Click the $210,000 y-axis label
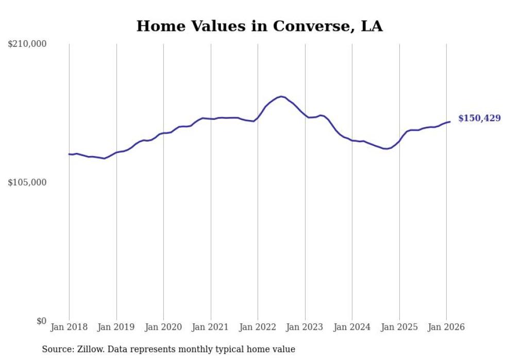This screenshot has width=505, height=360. coord(27,44)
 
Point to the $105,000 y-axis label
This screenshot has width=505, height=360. coord(27,182)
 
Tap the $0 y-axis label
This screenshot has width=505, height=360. coord(41,321)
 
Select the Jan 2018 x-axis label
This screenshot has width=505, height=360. coord(69,327)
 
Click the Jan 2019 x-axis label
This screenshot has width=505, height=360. coord(116,327)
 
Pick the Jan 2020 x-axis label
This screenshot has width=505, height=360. coord(163,327)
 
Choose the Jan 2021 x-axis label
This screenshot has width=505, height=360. coord(211,327)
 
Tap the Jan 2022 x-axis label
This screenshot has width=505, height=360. coord(258,327)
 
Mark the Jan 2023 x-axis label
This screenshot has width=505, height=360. coord(305,327)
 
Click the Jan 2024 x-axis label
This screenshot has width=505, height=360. coord(352,327)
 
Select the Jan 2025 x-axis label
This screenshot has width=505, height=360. coord(399,327)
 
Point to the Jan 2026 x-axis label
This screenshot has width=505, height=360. coord(446,327)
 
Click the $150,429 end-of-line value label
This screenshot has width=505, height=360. coord(479,118)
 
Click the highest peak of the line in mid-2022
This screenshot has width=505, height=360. coord(281,96)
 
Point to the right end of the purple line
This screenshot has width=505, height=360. coord(450,122)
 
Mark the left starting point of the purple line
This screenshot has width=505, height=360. coord(69,154)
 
